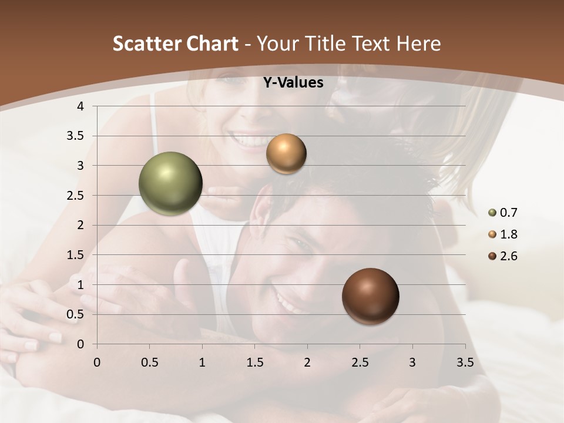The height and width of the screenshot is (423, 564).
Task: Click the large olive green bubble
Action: [x=170, y=183]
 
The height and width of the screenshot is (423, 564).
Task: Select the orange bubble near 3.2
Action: [x=286, y=154]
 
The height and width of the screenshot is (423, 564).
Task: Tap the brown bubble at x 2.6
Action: [x=370, y=296]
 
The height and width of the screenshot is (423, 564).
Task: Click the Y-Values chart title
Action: [x=293, y=83]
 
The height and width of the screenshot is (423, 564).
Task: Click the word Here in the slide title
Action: [x=418, y=43]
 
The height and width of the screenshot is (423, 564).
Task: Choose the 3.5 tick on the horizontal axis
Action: [x=465, y=362]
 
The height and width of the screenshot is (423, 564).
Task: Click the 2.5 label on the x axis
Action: [x=360, y=362]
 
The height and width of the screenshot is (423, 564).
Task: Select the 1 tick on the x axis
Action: [x=202, y=362]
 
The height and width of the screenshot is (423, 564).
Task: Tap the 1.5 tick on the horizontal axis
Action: [x=254, y=362]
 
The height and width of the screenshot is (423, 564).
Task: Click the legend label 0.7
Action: [x=508, y=213]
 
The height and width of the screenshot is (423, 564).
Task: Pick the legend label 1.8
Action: [x=508, y=234]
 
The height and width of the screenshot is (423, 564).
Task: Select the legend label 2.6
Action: [x=508, y=256]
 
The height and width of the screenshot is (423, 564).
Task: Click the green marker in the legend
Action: [x=492, y=213]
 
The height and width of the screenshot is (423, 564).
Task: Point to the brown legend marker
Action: [x=492, y=256]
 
